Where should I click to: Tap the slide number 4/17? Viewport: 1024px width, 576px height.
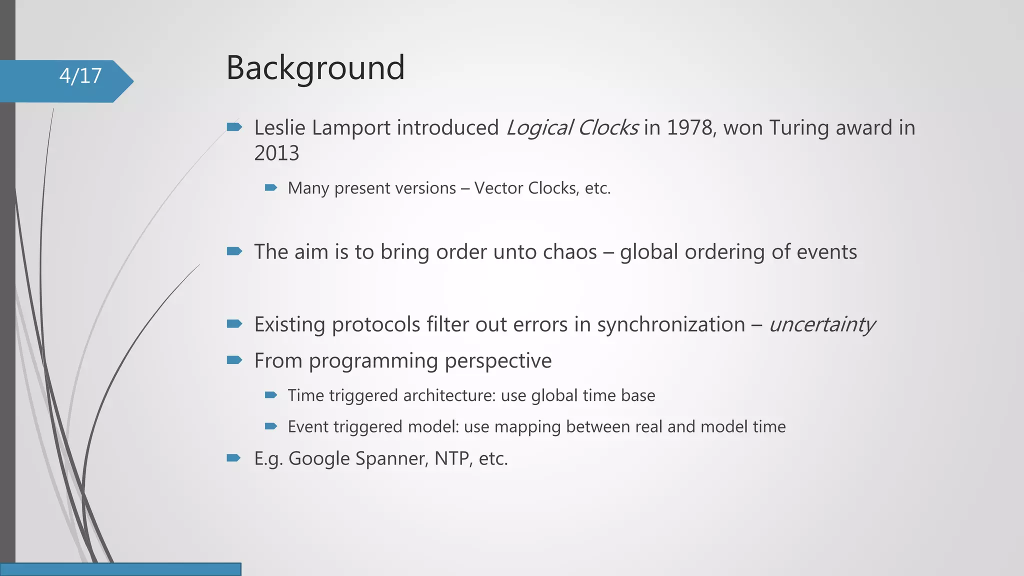[x=80, y=76]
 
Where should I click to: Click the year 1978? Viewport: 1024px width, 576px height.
[x=689, y=128]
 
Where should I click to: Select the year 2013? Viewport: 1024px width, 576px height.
[x=276, y=153]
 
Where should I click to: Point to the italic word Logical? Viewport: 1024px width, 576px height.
[x=539, y=128]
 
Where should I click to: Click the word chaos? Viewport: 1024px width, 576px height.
[x=569, y=252]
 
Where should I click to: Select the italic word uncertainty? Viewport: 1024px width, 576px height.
[x=821, y=324]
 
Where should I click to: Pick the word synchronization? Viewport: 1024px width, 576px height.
[x=671, y=324]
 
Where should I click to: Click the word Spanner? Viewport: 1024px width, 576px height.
[x=391, y=458]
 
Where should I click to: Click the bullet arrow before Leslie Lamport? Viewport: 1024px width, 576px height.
[x=234, y=127]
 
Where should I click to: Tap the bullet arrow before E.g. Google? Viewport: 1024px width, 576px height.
[x=234, y=457]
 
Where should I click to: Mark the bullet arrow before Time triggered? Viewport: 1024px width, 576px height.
[x=270, y=395]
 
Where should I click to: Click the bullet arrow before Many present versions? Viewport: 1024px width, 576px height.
[x=270, y=187]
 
